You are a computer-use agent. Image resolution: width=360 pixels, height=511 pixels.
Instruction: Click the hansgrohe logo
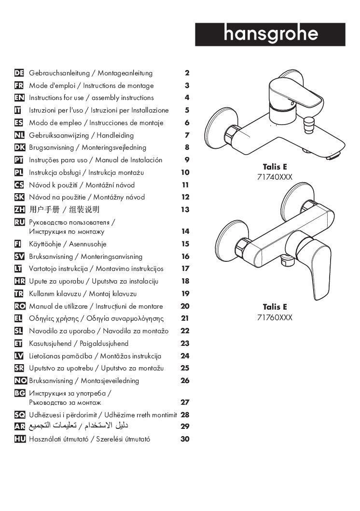270,34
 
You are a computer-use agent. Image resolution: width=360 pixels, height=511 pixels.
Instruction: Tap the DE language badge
20,73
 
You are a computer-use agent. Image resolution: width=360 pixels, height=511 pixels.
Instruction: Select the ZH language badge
20,210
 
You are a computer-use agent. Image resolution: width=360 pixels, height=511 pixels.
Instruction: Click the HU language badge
20,439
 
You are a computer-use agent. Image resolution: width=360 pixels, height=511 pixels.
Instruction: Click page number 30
185,439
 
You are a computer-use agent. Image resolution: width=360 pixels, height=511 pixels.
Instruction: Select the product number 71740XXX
275,177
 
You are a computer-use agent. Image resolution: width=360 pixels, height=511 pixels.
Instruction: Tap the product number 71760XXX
275,317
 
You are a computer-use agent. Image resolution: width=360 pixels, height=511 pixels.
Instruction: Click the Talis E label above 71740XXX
275,167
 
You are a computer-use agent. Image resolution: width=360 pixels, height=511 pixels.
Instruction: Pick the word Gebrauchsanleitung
59,73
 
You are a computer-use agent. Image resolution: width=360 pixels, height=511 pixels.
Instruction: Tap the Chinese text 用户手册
44,210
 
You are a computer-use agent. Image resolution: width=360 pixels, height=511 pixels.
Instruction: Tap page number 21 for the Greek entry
185,319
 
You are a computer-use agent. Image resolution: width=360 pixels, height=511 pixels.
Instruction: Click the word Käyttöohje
46,244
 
